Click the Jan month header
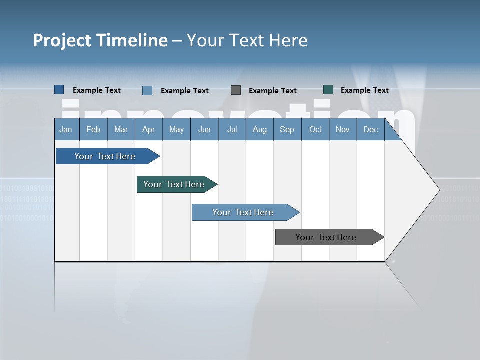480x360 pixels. (x=66, y=130)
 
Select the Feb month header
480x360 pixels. (x=93, y=130)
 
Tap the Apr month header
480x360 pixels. (x=148, y=130)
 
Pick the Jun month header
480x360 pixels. (x=204, y=130)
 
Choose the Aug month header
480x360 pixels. (x=259, y=130)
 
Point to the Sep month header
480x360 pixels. (x=287, y=130)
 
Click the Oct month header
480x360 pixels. (x=315, y=130)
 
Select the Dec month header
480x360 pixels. (x=370, y=130)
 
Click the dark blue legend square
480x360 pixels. (x=59, y=90)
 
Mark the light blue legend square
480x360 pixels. (x=147, y=90)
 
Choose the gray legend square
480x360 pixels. (x=236, y=90)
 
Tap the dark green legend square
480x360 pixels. (x=328, y=90)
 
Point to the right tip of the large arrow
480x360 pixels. (x=438, y=189)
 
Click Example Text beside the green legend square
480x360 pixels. (x=364, y=90)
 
